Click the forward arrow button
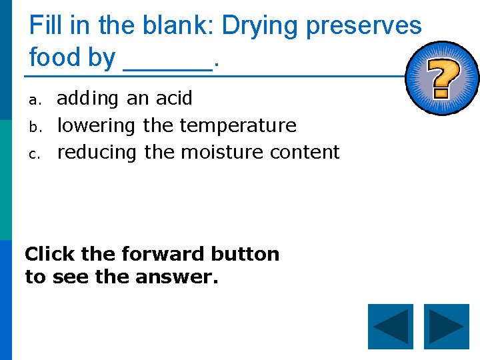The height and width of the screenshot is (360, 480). point(447,327)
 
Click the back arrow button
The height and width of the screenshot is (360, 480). point(391,327)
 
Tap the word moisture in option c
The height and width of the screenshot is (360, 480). point(223,152)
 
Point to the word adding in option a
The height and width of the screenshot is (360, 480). point(87,99)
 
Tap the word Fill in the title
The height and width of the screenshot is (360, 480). point(45,26)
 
